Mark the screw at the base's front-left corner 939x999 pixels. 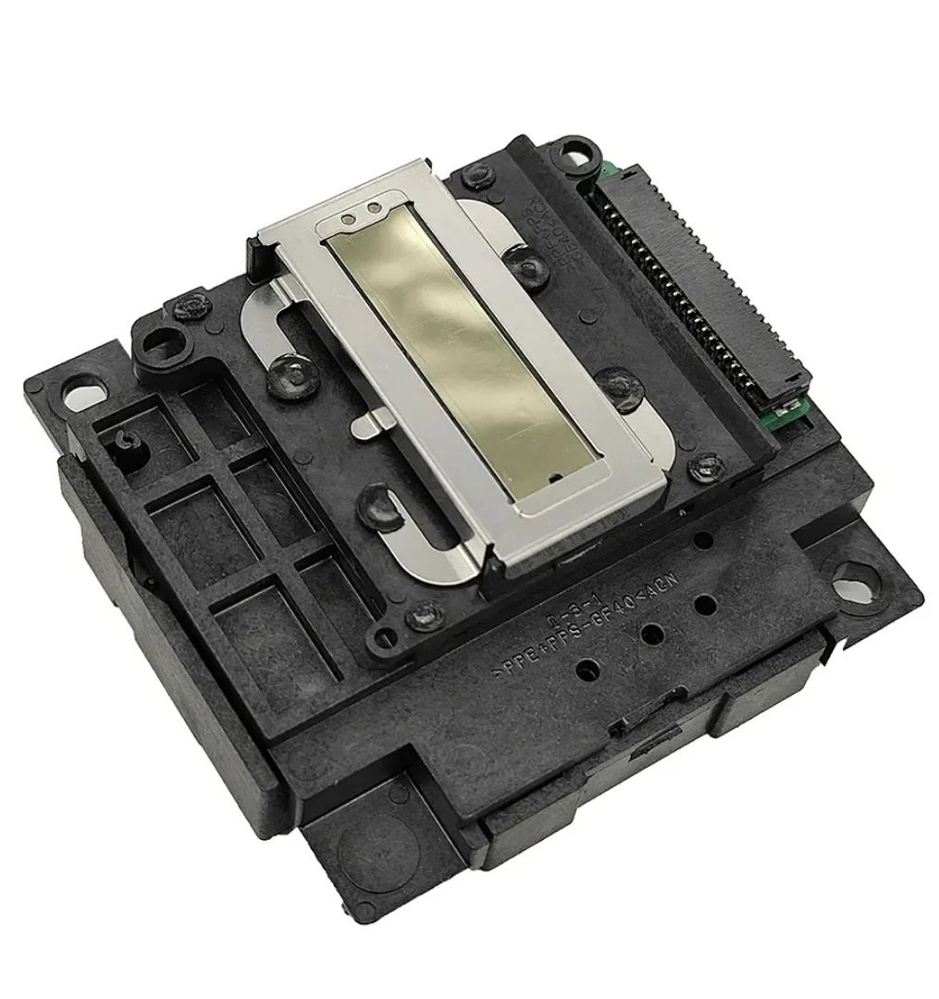tap(426, 610)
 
